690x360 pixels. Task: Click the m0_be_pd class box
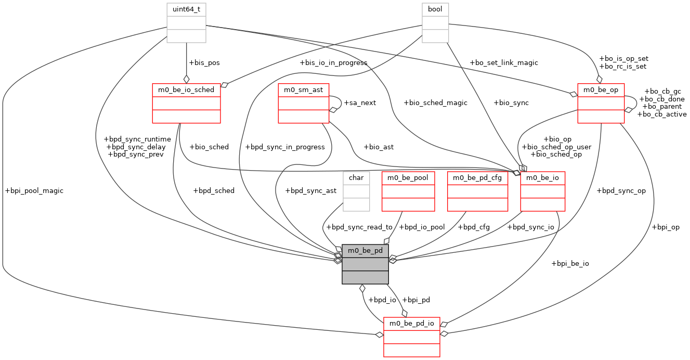[365, 264]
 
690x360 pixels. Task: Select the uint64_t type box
[187, 22]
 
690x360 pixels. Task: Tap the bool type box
[435, 22]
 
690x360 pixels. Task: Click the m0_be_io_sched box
[186, 102]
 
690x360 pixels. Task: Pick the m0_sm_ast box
[303, 102]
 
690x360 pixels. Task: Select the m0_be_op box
[601, 102]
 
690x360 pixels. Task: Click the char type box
[356, 191]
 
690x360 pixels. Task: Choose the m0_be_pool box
[408, 191]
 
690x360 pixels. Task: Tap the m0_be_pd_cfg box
[477, 191]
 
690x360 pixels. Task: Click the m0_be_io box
[543, 191]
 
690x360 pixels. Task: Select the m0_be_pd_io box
[412, 337]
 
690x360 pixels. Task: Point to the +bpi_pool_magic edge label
[34, 191]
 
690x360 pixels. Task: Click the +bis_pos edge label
[204, 62]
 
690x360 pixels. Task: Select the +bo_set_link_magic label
[503, 62]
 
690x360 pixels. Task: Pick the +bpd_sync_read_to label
[359, 227]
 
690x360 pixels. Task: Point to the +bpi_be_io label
[570, 263]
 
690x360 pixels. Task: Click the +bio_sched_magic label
[435, 102]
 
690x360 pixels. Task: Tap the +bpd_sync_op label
[621, 190]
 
